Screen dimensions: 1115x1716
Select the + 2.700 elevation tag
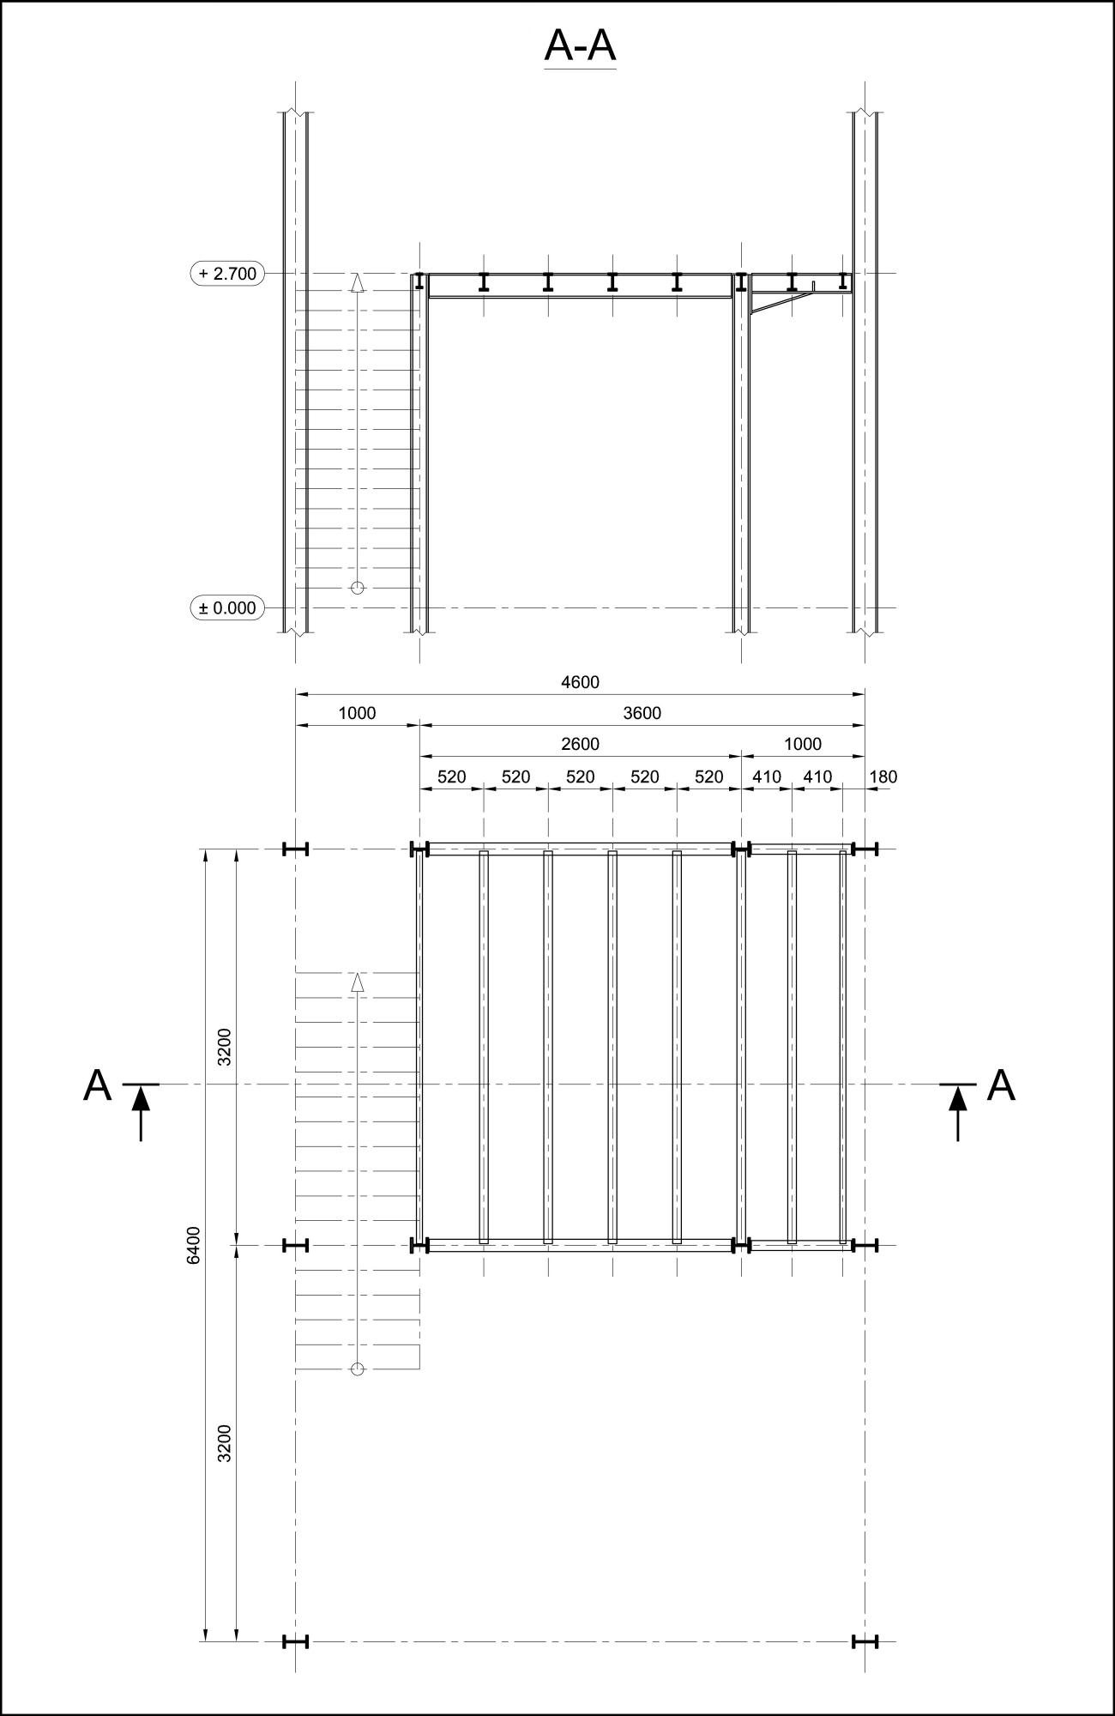tap(227, 274)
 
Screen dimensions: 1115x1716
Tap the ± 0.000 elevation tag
tap(227, 607)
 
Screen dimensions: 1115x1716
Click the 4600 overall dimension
tap(581, 683)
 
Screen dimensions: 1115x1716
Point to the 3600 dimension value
tap(642, 713)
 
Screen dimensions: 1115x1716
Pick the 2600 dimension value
tap(581, 744)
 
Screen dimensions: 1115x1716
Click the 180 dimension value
tap(883, 777)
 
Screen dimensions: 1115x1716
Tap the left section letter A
tap(98, 1085)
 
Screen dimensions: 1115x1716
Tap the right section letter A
tap(1001, 1085)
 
